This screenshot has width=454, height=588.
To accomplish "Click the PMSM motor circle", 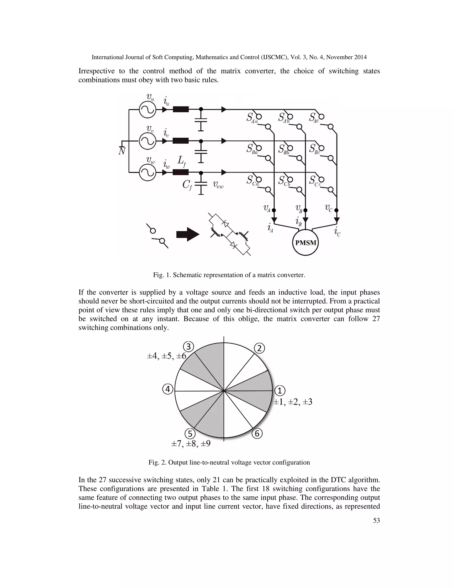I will coord(305,243).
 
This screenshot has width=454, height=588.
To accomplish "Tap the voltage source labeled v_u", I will coord(147,109).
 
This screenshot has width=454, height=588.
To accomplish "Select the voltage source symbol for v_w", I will coord(147,173).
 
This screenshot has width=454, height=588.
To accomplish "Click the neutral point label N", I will coord(122,151).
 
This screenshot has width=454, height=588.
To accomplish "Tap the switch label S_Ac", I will coord(314,118).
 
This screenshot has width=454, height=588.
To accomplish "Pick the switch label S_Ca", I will coord(252,181).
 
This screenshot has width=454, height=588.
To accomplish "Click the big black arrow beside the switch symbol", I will coord(188,234).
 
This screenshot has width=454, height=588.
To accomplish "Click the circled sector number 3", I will coord(189,347).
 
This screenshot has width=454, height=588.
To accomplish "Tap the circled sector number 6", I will coord(257,434).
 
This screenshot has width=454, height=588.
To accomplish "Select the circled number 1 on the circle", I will coord(280,391).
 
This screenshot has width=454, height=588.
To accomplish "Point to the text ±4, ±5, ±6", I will coord(166,356).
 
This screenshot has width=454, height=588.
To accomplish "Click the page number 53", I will coord(376,520).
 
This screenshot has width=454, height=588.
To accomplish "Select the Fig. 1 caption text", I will coord(229,275).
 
